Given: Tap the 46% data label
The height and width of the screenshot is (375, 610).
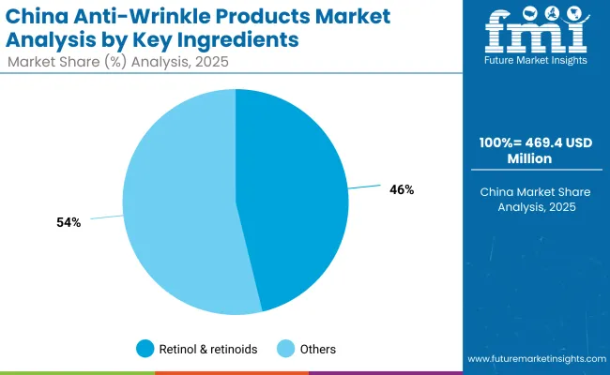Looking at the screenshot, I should coord(402,189).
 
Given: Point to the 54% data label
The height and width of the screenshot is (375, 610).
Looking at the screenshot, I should coord(69,222).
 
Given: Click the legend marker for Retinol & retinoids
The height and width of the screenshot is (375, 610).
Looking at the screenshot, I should coord(144,349).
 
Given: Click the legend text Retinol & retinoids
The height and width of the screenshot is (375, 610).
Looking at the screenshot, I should coord(207,349).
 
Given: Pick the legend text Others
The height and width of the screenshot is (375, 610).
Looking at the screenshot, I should coord(317,349).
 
